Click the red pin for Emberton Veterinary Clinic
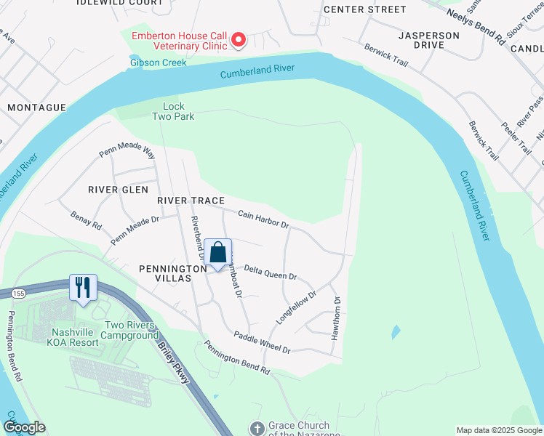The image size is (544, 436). click(x=239, y=41)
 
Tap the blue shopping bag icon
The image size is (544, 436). click(x=217, y=254)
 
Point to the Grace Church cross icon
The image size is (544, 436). click(x=256, y=429)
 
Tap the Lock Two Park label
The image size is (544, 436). click(x=173, y=111)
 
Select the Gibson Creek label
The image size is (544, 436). click(x=158, y=62)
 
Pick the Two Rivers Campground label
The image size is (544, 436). click(x=131, y=330)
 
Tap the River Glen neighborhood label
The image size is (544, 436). click(x=118, y=189)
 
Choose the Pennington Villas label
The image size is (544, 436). click(x=165, y=273)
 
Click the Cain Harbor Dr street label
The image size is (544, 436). click(x=263, y=219)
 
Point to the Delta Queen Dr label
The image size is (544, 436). click(x=270, y=272)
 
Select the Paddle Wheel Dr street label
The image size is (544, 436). click(x=262, y=342)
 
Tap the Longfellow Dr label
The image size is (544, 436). click(x=297, y=307)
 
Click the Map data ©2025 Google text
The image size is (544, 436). click(x=498, y=430)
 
